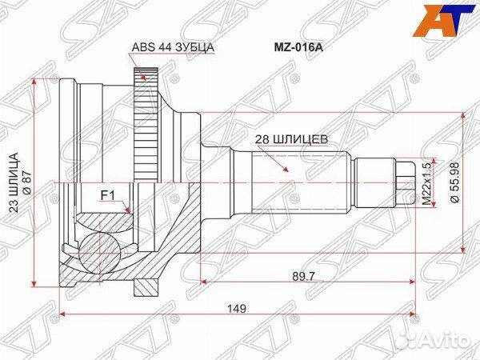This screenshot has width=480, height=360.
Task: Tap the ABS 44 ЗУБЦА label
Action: click(x=171, y=47)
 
